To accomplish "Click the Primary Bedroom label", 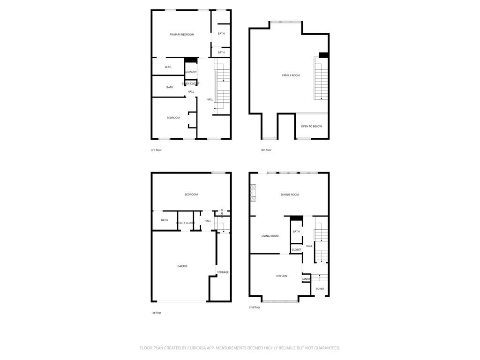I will [x=181, y=35].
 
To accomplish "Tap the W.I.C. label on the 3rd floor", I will [x=168, y=67].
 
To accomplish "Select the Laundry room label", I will [x=191, y=72].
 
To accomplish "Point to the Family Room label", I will [x=291, y=75].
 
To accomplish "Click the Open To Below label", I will [x=311, y=127].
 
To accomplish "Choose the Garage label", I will [x=182, y=266].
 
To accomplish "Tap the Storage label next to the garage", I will [x=223, y=272].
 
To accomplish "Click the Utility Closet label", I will [x=186, y=223].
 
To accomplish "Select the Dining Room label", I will [x=290, y=195].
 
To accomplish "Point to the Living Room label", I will [x=270, y=236].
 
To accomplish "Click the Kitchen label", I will [x=281, y=276].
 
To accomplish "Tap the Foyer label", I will [x=320, y=289].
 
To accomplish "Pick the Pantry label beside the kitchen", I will [x=306, y=279].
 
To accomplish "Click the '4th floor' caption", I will [x=266, y=150].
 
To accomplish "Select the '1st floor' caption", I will [x=156, y=313].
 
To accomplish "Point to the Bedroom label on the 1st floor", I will [x=191, y=195].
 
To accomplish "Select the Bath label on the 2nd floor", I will [x=296, y=232].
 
